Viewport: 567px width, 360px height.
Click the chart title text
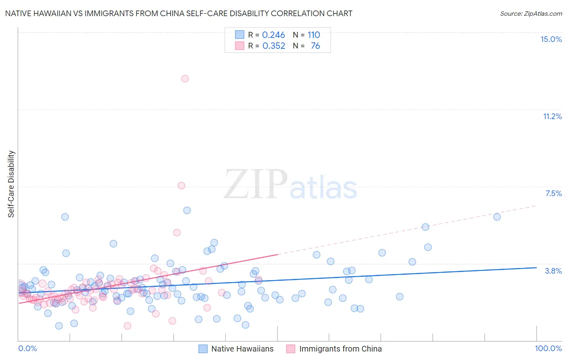(x=178, y=13)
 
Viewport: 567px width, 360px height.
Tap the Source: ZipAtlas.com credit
(x=531, y=13)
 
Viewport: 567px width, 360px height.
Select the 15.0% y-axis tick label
(x=551, y=39)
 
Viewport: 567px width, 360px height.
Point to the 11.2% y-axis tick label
(x=552, y=116)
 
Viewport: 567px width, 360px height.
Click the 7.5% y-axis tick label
(x=553, y=193)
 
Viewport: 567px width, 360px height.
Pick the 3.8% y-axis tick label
(x=553, y=271)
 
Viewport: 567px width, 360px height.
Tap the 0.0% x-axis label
(x=27, y=348)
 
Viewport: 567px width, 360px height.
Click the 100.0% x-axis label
(x=548, y=348)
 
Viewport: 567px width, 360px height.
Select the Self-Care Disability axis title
(x=11, y=184)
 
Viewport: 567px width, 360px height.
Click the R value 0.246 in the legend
(x=273, y=35)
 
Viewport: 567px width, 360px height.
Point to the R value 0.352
(x=273, y=46)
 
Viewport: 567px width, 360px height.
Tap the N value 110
(x=314, y=35)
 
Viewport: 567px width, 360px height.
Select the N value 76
(x=315, y=46)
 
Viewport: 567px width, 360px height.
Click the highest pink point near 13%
(x=185, y=79)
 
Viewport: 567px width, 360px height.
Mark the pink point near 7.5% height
(x=181, y=186)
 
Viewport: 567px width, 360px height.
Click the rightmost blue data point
(x=497, y=217)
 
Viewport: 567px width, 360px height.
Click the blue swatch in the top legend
(x=240, y=35)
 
